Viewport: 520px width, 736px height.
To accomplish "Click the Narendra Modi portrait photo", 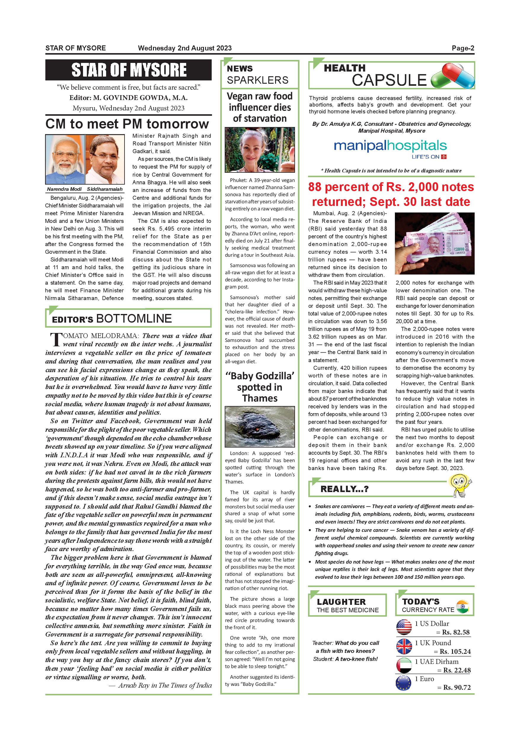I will (x=65, y=159).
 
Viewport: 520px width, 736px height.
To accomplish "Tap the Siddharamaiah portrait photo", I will (x=105, y=159).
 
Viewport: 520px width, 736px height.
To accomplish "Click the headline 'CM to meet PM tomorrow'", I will (x=127, y=124).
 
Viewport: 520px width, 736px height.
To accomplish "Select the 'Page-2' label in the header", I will (x=463, y=48).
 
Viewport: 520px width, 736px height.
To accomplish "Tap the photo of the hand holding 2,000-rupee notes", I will (x=435, y=243).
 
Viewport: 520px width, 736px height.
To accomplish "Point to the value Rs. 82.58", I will (x=456, y=632).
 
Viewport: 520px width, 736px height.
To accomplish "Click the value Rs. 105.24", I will (x=454, y=651).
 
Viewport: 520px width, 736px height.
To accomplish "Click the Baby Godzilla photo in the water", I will (x=259, y=426).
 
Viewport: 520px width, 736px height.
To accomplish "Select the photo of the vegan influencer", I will (x=259, y=150).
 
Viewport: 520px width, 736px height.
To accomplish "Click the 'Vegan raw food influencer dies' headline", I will (x=259, y=107).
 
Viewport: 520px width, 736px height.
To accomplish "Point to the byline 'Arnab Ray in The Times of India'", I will (x=165, y=685).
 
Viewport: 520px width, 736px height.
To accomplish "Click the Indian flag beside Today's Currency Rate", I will (x=462, y=607).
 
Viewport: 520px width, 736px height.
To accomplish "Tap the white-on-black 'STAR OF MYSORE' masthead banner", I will (x=128, y=70).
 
